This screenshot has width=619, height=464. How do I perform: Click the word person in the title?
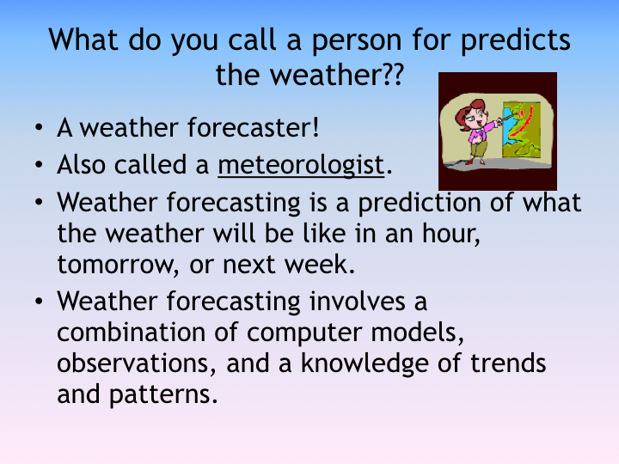click(357, 40)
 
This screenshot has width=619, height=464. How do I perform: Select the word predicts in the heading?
click(516, 40)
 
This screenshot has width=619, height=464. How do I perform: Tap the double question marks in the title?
click(393, 74)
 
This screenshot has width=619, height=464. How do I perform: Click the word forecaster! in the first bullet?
click(253, 127)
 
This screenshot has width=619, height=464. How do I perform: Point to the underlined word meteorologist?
click(301, 165)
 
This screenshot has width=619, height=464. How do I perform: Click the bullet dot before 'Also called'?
click(39, 164)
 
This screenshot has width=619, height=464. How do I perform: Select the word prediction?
click(420, 204)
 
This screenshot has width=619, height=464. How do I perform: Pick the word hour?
click(450, 234)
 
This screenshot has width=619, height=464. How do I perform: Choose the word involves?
click(358, 301)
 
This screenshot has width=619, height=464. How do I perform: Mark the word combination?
click(131, 332)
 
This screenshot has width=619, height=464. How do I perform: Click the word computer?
click(304, 333)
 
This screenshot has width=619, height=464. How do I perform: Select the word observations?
click(137, 363)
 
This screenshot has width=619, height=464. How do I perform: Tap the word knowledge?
click(365, 364)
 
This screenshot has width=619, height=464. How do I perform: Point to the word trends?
click(508, 363)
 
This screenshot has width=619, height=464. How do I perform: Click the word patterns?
click(163, 395)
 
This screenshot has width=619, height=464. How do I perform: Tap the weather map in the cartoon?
click(522, 130)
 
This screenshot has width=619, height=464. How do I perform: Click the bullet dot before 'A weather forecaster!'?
click(39, 127)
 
